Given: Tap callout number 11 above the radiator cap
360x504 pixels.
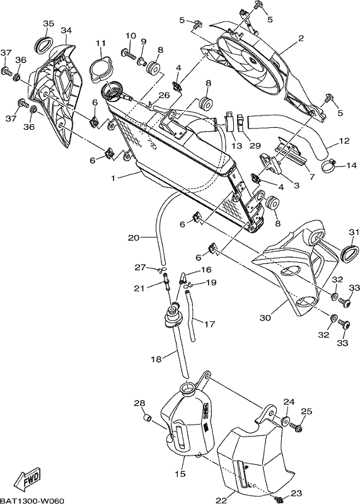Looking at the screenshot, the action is point(100,43).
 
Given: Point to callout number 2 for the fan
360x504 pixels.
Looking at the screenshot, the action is point(301,38).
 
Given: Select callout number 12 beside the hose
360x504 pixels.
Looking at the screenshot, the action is point(344,140).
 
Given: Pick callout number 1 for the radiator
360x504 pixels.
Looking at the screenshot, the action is point(113,178).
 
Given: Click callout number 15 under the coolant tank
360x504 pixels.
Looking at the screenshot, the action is point(180,474).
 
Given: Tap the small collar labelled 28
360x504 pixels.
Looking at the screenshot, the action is point(148,418).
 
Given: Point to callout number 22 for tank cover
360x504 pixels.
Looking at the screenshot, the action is point(221,500).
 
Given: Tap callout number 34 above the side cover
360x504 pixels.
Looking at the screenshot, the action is point(66,30).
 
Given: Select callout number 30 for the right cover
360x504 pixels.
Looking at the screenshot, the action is point(265,318).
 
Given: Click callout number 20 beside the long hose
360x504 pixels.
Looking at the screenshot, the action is point(134,238).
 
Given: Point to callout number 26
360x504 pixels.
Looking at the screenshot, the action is point(164,95).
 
